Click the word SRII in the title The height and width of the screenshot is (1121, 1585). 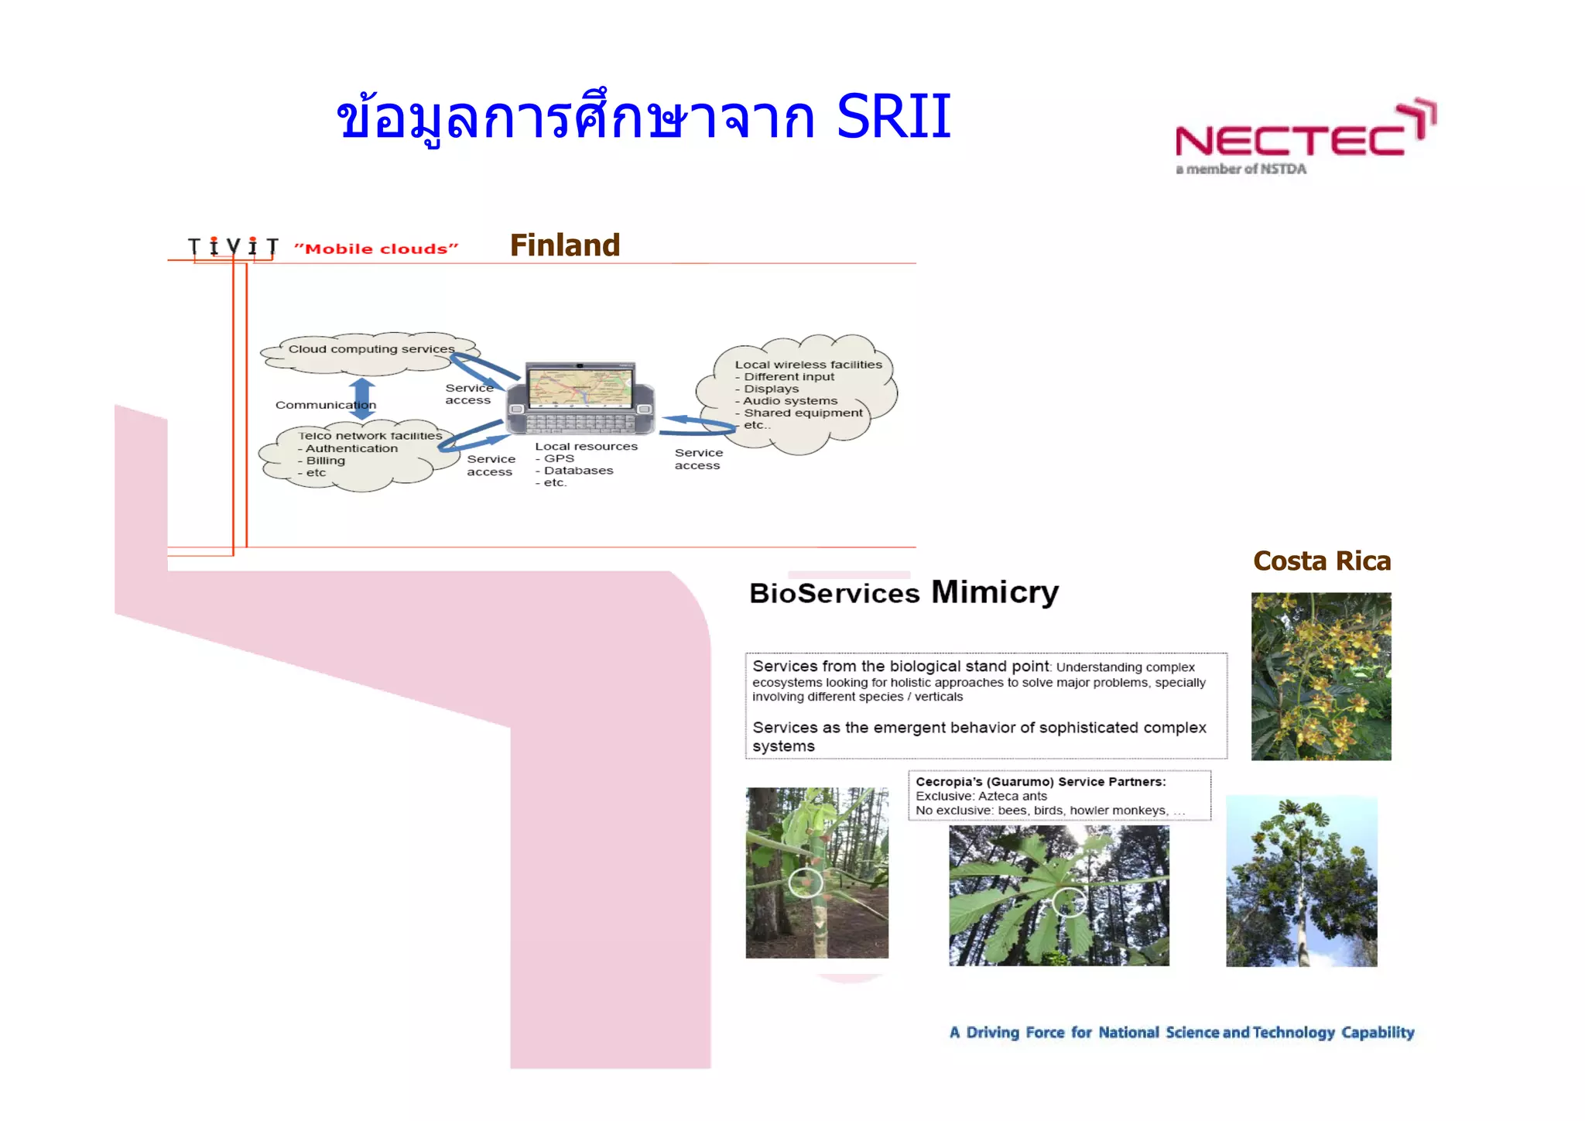(893, 118)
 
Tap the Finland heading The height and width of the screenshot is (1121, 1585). (564, 245)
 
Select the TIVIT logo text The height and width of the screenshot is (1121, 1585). (233, 247)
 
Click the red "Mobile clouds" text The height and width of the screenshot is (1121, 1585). (376, 249)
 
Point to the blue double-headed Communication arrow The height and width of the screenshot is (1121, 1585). (361, 399)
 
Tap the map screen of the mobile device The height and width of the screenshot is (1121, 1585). (580, 387)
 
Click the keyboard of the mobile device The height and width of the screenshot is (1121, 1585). (580, 423)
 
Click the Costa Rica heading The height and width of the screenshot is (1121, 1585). (1321, 561)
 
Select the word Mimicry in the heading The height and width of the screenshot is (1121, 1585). (994, 592)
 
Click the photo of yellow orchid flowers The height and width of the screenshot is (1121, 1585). (1320, 676)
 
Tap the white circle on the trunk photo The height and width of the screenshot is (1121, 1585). (806, 883)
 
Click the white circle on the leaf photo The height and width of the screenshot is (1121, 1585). (1069, 902)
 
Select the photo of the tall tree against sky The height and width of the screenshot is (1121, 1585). (1301, 881)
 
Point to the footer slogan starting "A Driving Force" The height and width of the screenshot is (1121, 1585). (1181, 1033)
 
